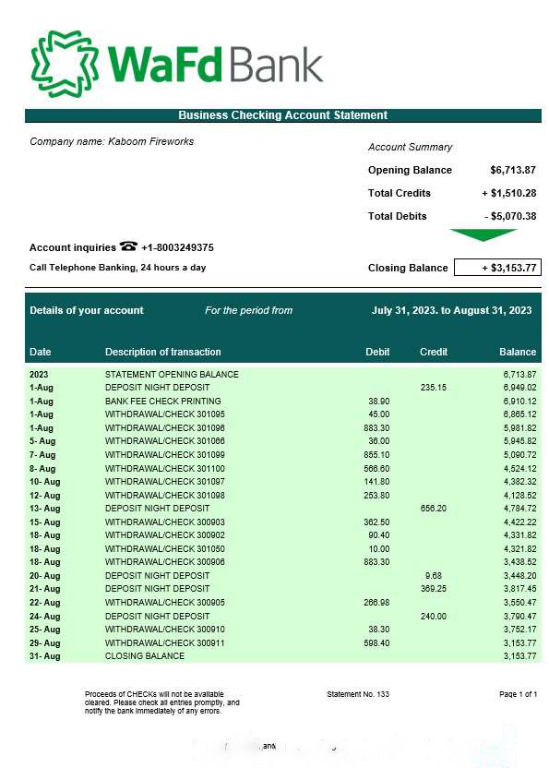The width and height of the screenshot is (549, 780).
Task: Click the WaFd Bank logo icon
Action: pos(66,64)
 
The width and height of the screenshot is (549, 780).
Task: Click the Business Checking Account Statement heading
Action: pos(282,115)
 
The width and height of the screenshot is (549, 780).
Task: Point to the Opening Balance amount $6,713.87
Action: pos(513,170)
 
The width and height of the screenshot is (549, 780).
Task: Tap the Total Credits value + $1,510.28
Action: pos(509,193)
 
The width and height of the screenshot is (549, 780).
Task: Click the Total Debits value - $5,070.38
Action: pos(510,216)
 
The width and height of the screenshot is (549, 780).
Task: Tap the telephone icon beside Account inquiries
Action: pos(128,246)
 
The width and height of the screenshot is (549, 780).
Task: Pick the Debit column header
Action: pos(377,352)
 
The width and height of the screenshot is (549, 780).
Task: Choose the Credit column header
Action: pos(434,352)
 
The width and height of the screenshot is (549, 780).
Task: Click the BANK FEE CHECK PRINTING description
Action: pos(163,402)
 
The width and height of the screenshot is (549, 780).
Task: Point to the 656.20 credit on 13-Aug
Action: pos(434,509)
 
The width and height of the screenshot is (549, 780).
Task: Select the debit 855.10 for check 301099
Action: pos(376,455)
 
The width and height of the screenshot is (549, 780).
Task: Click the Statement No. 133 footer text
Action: pos(358,694)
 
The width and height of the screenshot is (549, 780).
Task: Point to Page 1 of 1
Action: pos(518,694)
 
